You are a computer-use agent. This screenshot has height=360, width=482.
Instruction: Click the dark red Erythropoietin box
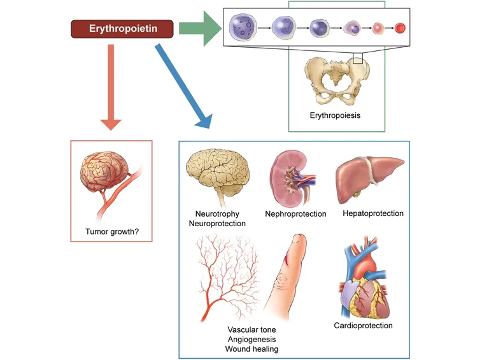coord(122,29)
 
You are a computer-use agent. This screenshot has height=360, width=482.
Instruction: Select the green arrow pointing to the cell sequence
coord(200,29)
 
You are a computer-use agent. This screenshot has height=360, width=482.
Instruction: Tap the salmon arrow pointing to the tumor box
coord(111,87)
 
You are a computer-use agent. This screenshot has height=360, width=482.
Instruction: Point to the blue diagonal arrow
coord(184,86)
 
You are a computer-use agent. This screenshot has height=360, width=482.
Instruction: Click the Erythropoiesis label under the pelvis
coord(335,115)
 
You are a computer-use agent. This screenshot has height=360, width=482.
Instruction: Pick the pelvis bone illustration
coord(337,81)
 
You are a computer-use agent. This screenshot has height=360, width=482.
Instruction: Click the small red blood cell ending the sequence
coord(400,28)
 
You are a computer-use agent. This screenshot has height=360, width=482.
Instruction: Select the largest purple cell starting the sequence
coord(243,27)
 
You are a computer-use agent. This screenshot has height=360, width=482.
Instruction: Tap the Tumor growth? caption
coord(112,231)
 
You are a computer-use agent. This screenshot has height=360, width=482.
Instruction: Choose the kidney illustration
coord(292,178)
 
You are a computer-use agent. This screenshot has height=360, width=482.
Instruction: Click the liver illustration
coord(369,178)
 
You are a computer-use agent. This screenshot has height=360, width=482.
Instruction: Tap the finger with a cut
coord(286,277)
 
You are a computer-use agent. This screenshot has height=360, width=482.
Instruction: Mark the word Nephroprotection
coord(295,214)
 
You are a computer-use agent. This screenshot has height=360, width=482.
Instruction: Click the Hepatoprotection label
coord(373,213)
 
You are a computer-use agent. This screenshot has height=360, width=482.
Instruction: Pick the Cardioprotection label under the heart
coord(363,326)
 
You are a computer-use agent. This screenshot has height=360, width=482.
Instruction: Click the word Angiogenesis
coord(252,340)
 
